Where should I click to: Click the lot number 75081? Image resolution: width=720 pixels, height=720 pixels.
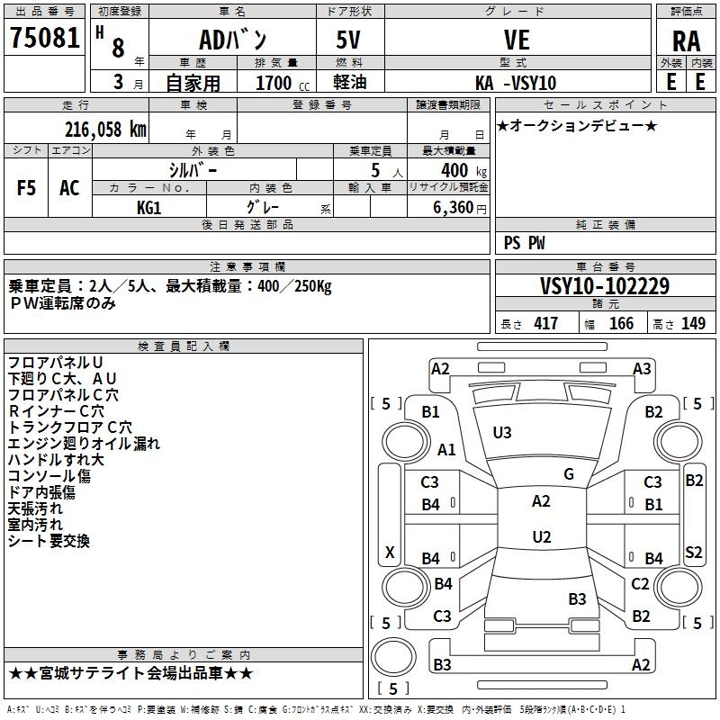tap(45, 37)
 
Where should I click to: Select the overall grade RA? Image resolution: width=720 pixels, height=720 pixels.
tap(686, 41)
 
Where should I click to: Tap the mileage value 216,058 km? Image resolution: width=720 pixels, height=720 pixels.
tap(105, 129)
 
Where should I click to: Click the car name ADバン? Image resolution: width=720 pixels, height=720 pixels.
tap(232, 40)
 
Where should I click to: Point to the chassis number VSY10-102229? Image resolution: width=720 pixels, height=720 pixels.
tap(605, 285)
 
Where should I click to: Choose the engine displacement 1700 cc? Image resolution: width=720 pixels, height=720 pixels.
tap(283, 83)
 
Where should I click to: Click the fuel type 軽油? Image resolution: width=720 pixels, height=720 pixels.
tap(350, 82)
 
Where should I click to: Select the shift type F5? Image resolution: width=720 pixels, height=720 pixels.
tap(26, 188)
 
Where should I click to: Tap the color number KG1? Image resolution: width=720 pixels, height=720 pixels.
tap(149, 208)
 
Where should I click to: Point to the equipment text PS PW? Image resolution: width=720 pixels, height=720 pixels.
tap(524, 242)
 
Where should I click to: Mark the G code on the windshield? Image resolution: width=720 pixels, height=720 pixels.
tap(569, 474)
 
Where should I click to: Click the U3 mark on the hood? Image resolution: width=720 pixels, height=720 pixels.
tap(502, 432)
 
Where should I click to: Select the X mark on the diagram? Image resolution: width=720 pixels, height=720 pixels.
tap(390, 552)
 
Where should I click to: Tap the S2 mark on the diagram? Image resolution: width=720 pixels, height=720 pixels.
tap(693, 552)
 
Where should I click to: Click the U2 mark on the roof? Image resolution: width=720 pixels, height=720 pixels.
tap(542, 536)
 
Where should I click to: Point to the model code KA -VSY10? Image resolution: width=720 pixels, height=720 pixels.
tap(516, 83)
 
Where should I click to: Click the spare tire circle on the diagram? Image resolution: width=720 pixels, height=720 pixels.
tap(393, 657)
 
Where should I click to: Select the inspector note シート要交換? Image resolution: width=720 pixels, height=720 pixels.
tap(49, 541)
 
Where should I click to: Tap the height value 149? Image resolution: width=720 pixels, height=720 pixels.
tap(693, 323)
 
